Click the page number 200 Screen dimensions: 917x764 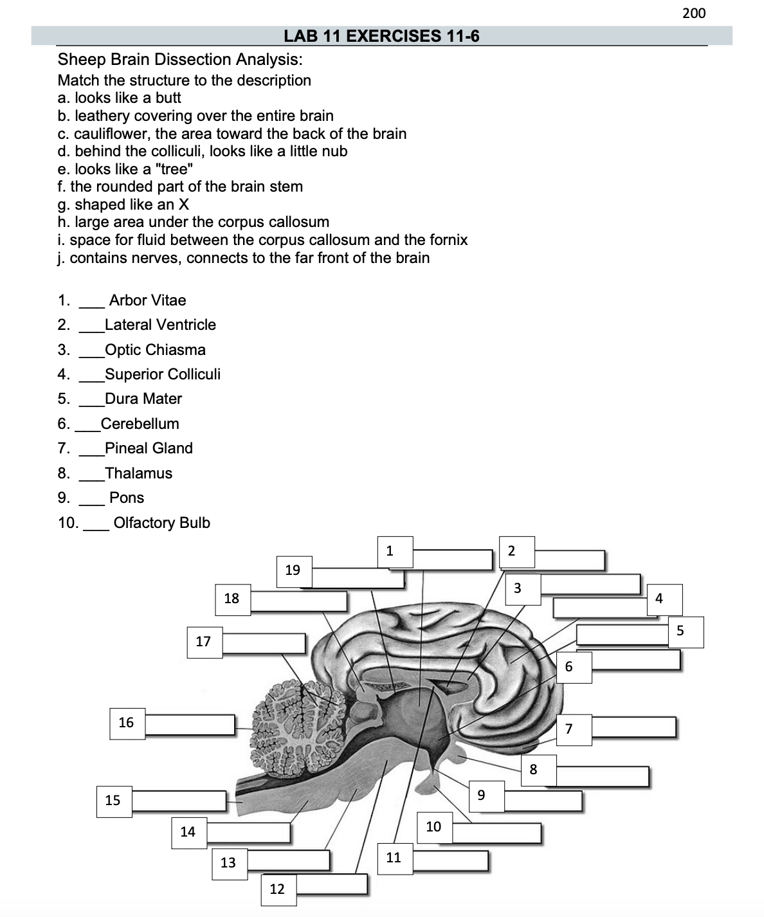click(x=693, y=13)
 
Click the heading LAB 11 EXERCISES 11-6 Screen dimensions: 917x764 click(x=381, y=36)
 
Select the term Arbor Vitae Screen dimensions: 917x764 click(x=147, y=300)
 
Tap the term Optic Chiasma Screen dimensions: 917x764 click(x=155, y=350)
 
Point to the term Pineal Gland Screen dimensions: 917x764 click(x=149, y=448)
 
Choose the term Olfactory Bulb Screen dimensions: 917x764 click(x=161, y=523)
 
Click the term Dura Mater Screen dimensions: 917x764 click(x=143, y=399)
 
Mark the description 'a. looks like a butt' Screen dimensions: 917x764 click(x=120, y=98)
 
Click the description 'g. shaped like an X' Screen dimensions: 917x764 click(x=123, y=204)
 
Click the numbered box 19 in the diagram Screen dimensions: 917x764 click(x=293, y=570)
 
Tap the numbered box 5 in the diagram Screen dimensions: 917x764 click(x=680, y=631)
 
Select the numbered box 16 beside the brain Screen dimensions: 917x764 click(x=126, y=723)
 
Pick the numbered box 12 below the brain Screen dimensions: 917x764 click(x=277, y=889)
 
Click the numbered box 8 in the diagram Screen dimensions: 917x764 click(x=533, y=769)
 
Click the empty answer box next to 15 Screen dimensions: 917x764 click(x=179, y=801)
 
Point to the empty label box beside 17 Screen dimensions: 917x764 click(x=264, y=643)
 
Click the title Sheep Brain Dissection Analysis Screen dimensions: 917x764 click(x=180, y=60)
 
